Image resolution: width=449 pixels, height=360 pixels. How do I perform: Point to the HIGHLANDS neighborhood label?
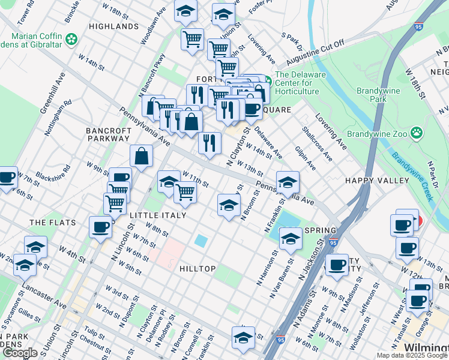(x=113, y=27)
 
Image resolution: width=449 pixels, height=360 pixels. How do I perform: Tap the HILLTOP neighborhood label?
(x=197, y=269)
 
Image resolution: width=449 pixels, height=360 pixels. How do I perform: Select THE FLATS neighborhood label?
(x=53, y=223)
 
